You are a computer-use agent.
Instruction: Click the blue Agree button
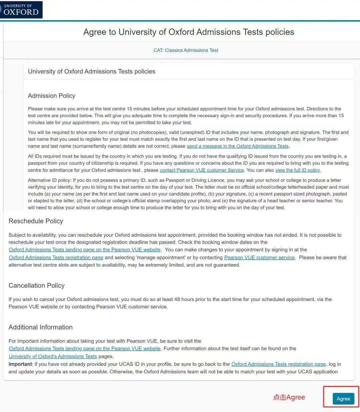pyautogui.click(x=343, y=399)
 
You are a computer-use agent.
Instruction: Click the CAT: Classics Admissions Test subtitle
pyautogui.click(x=186, y=50)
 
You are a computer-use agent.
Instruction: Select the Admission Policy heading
pyautogui.click(x=52, y=96)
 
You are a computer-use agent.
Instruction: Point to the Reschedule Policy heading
pyautogui.click(x=36, y=221)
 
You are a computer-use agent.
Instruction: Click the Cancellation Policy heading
pyautogui.click(x=37, y=286)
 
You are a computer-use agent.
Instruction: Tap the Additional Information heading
pyautogui.click(x=41, y=327)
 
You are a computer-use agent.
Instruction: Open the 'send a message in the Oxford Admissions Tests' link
pyautogui.click(x=238, y=146)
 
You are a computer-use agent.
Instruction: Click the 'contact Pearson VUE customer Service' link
pyautogui.click(x=202, y=170)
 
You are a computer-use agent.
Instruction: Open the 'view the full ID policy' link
pyautogui.click(x=297, y=170)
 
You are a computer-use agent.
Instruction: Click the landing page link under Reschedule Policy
pyautogui.click(x=85, y=250)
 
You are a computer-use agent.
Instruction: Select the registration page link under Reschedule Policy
pyautogui.click(x=56, y=258)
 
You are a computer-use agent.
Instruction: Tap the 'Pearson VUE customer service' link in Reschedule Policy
pyautogui.click(x=259, y=258)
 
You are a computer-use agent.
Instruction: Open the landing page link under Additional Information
pyautogui.click(x=85, y=349)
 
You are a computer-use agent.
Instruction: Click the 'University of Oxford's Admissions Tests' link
pyautogui.click(x=53, y=356)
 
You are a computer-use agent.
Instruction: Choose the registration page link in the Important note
pyautogui.click(x=278, y=364)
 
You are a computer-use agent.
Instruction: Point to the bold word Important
pyautogui.click(x=20, y=364)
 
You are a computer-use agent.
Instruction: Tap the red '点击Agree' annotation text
pyautogui.click(x=289, y=397)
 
